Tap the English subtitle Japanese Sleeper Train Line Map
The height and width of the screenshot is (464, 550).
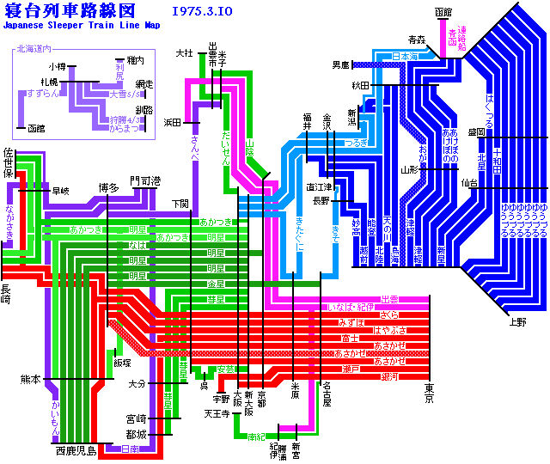(81, 26)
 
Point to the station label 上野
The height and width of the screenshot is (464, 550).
(516, 322)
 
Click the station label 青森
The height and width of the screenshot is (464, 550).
(417, 40)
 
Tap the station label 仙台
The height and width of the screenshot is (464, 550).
(469, 182)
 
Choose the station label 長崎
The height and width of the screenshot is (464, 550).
(7, 294)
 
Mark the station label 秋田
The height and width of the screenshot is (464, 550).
(359, 86)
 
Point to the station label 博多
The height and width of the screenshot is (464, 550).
(108, 186)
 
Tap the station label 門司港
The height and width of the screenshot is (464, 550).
(144, 181)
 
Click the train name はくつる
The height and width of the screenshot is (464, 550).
(489, 108)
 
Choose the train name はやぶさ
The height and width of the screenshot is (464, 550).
(389, 330)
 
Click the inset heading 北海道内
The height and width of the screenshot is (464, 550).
(34, 49)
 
